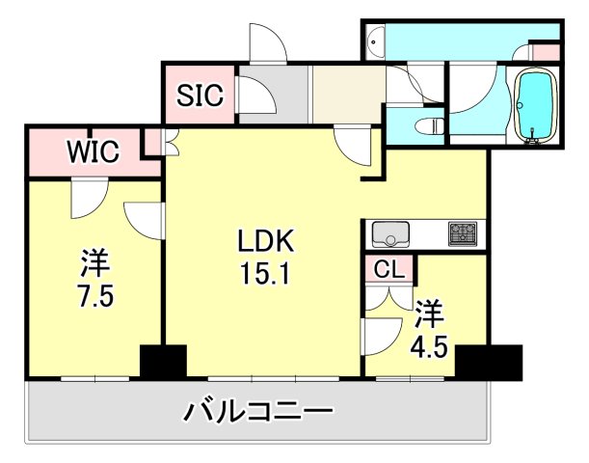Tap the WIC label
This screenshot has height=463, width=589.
(93, 152)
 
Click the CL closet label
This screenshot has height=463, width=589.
(389, 269)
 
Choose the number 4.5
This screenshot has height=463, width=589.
(429, 344)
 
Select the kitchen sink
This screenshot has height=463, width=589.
(390, 234)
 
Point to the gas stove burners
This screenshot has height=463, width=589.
(461, 233)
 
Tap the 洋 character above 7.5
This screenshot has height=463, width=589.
(94, 261)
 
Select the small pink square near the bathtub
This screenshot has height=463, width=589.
(546, 52)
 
